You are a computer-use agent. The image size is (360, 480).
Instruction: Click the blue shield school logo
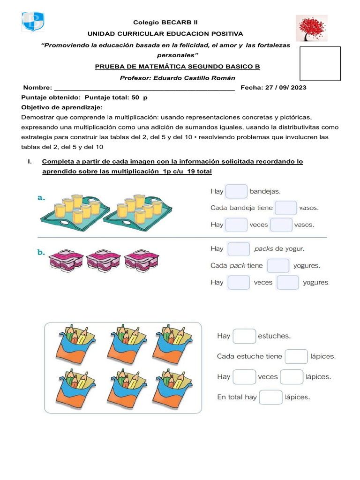coord(33,22)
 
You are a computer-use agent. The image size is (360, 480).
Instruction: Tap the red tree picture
coord(311,28)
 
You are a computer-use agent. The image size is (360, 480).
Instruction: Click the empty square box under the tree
coord(320,63)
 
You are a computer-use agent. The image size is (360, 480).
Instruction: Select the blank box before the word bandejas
coord(237,191)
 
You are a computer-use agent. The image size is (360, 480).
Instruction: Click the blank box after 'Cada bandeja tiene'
coord(286,208)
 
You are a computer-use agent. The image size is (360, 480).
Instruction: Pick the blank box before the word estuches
coord(244,336)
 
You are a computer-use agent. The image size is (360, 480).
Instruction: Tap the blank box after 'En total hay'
coord(270,397)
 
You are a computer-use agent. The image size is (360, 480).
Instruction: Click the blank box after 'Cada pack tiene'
coord(278,266)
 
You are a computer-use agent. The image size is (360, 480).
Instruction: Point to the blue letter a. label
coord(41,198)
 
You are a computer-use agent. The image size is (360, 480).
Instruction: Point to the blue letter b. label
coord(41,252)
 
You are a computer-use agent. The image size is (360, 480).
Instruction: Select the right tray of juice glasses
coord(137,210)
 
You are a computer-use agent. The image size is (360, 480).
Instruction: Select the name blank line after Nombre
coord(144,88)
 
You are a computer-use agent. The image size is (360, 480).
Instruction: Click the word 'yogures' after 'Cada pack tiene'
coord(307,266)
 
